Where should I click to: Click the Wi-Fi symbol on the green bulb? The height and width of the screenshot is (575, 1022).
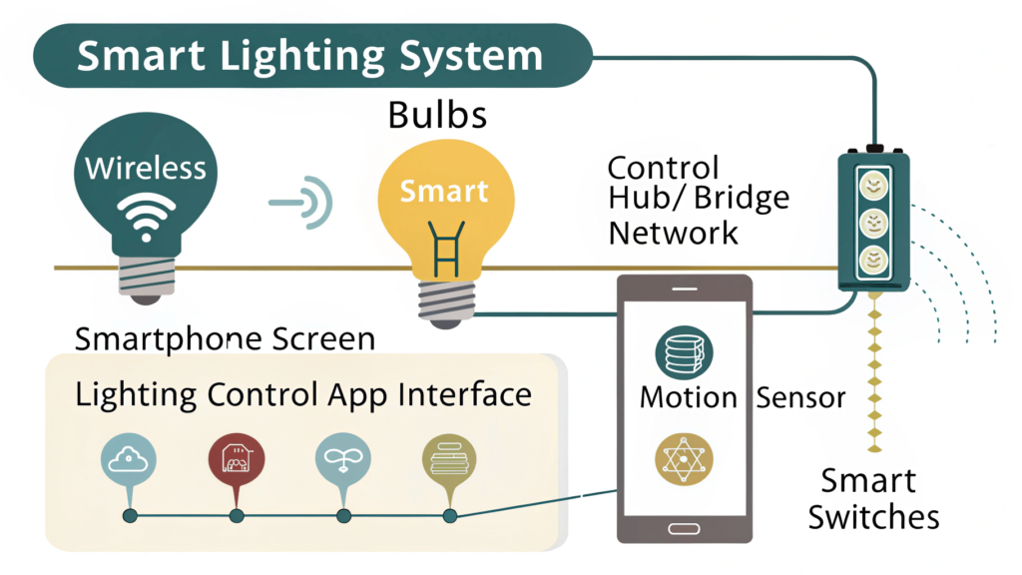[146, 217]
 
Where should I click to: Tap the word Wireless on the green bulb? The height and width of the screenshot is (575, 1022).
[146, 168]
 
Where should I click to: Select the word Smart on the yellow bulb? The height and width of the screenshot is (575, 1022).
[444, 191]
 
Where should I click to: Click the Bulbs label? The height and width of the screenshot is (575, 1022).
[437, 115]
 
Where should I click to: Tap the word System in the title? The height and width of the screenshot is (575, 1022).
[471, 56]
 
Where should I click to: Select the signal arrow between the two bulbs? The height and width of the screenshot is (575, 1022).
[301, 202]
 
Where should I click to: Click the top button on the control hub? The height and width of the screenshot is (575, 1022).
[873, 185]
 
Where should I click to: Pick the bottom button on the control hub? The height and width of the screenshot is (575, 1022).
[873, 261]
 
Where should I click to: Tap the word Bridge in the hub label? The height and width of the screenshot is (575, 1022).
[742, 199]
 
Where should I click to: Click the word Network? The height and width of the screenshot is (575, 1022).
[674, 233]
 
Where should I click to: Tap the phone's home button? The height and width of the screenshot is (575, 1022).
[684, 529]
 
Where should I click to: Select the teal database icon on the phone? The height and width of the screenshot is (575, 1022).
[684, 352]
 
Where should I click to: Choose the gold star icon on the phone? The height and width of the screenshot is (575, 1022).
[684, 459]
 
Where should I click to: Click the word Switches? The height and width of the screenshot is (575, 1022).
[874, 517]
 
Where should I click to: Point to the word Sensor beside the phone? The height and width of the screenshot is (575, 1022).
[800, 397]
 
